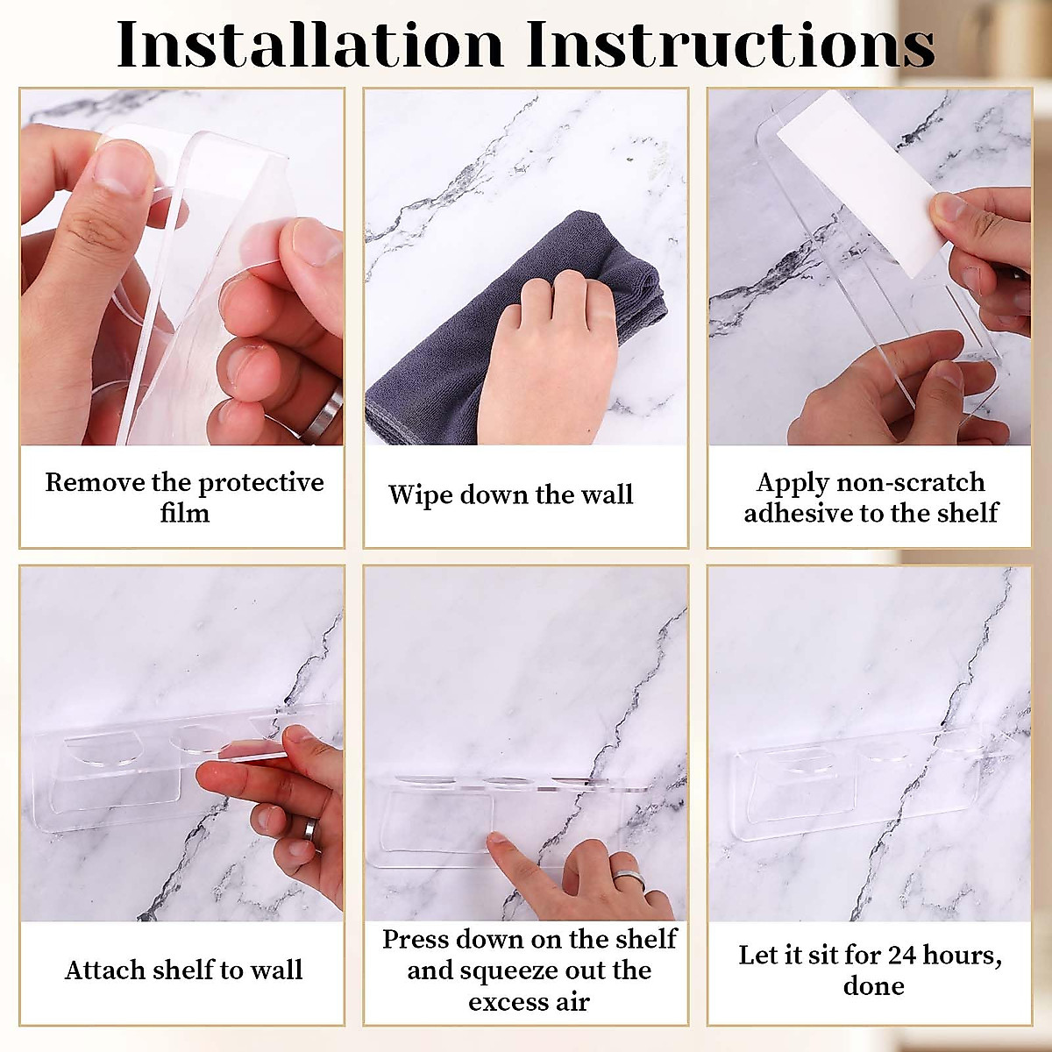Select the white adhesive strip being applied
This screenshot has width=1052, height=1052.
(x=862, y=183)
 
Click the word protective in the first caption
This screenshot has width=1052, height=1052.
(x=261, y=482)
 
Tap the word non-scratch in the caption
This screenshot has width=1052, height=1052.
(x=911, y=482)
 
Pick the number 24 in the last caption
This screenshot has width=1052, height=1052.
(x=902, y=955)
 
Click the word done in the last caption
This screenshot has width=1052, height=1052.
(x=873, y=986)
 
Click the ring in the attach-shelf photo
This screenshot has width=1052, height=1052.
(x=309, y=830)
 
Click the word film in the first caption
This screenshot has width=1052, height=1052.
(x=184, y=513)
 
